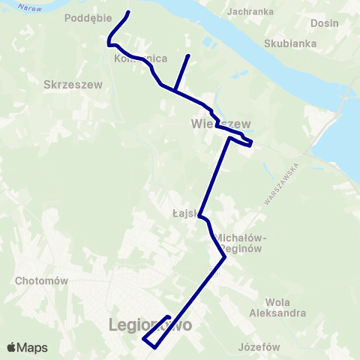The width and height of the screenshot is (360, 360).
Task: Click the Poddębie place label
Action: (88, 17)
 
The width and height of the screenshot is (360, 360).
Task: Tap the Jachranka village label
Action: (250, 12)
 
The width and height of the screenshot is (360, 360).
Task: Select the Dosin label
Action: (324, 23)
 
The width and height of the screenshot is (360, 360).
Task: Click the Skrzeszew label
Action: (68, 85)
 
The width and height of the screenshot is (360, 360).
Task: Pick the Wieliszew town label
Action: (220, 123)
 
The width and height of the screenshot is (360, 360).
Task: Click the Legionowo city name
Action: (150, 325)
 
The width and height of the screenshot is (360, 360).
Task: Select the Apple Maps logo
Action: (27, 347)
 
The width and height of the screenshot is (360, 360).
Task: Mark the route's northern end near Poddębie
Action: (128, 12)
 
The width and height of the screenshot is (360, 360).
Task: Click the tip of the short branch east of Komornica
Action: (187, 55)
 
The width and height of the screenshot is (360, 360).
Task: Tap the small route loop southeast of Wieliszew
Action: (248, 142)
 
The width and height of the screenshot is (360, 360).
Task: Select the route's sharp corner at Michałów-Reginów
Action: (225, 258)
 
